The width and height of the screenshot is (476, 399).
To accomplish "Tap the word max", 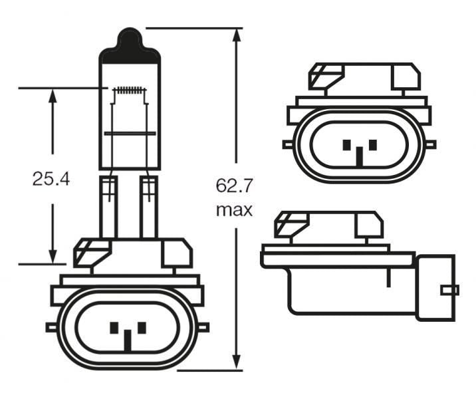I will (x=235, y=210).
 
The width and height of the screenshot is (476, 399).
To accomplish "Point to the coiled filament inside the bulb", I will (x=130, y=90).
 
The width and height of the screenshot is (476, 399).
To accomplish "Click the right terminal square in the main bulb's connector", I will (x=141, y=327).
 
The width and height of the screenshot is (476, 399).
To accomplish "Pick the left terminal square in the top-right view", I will (x=346, y=144).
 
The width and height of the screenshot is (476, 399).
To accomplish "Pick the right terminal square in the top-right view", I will (x=372, y=144).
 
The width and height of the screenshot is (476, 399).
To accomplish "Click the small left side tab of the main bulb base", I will (x=51, y=327).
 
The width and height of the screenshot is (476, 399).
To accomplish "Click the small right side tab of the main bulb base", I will (x=203, y=327).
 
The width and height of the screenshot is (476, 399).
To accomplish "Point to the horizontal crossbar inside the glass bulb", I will (x=130, y=134).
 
